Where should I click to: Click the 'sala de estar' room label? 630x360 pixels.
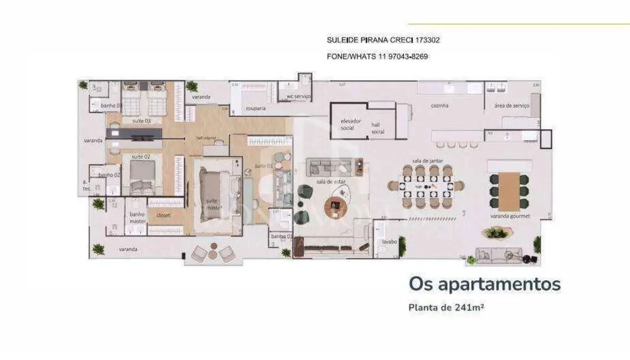[x=327, y=181]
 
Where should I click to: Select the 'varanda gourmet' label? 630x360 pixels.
[x=510, y=216]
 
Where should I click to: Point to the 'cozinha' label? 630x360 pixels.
[x=440, y=105]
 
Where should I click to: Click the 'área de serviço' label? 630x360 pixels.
[x=508, y=105]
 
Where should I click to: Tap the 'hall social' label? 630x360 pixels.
[x=378, y=128]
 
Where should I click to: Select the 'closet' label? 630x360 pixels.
[x=163, y=215]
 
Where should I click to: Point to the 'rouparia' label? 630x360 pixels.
[x=256, y=109]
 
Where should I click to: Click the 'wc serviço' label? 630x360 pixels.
[x=298, y=97]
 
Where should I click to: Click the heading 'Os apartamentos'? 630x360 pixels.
[x=484, y=285]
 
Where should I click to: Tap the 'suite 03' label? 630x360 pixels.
[x=141, y=120]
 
